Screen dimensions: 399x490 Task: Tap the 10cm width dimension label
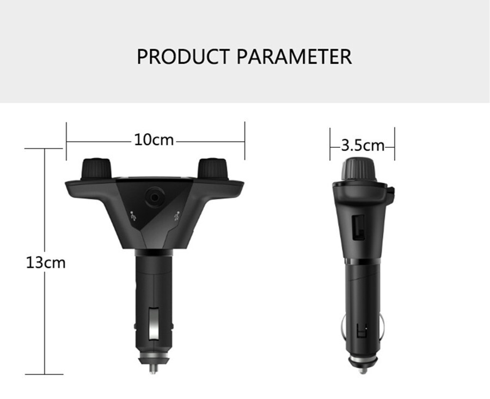(x=154, y=140)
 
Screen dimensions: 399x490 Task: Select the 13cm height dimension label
(x=46, y=263)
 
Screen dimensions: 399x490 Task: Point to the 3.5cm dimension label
(x=363, y=145)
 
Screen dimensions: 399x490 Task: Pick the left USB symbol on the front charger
(x=134, y=215)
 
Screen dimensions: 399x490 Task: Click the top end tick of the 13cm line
(x=44, y=148)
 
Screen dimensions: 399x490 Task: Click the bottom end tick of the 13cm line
(x=44, y=374)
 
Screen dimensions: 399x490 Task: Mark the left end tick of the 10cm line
(x=66, y=141)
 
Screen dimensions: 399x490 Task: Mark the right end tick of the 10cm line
(x=244, y=141)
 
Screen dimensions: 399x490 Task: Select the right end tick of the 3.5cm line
(x=394, y=145)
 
